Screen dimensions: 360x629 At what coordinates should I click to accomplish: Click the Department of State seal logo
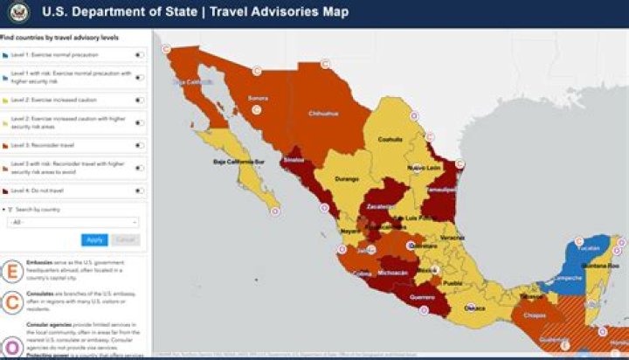tap(20, 12)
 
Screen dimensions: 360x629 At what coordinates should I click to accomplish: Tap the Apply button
tap(94, 239)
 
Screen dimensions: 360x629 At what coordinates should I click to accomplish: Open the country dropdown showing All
tap(73, 223)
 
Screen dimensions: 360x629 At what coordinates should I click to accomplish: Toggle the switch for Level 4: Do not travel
tap(139, 190)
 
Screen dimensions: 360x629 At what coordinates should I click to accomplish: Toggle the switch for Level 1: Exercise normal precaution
tap(139, 55)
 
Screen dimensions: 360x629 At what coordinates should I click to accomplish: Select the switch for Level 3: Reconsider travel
tap(139, 145)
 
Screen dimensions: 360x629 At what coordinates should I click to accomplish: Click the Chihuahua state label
tap(322, 113)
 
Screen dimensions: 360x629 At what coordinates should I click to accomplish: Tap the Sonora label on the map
tap(258, 98)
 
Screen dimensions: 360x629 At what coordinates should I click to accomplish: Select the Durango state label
tap(347, 179)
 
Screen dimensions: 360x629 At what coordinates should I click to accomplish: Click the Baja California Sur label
tap(240, 162)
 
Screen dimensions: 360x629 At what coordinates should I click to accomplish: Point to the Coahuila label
tap(390, 138)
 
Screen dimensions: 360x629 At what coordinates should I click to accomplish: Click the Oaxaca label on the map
tap(474, 308)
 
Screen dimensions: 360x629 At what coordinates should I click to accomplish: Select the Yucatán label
tap(589, 247)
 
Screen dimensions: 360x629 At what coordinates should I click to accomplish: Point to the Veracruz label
tap(451, 237)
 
